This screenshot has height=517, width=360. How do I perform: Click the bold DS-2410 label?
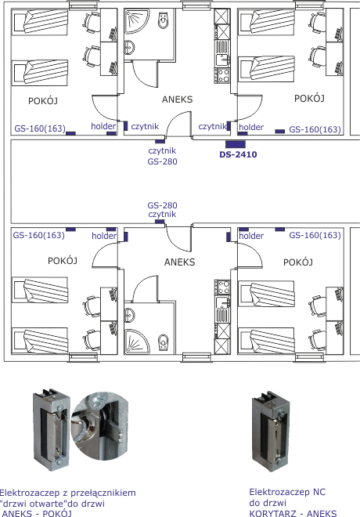point(238,154)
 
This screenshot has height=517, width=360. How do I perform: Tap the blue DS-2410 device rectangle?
point(236,144)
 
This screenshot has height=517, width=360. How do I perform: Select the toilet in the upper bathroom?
point(164,20)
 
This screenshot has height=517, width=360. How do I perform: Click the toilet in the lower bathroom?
point(164,343)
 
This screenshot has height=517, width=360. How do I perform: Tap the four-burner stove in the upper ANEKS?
point(222,75)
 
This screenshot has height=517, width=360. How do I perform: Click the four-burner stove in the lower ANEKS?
point(222,287)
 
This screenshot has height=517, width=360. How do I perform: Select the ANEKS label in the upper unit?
point(177,99)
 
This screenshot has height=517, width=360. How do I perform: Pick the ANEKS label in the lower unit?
point(180,262)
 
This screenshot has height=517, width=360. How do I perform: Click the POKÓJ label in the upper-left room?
point(43,100)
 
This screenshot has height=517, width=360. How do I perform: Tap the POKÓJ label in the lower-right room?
point(298,262)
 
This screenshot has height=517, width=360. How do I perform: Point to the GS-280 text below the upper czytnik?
point(162,161)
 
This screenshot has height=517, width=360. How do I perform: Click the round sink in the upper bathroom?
point(130,48)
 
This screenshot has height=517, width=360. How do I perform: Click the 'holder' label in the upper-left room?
point(103,126)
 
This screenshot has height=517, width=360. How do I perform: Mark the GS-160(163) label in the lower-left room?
point(38,235)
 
